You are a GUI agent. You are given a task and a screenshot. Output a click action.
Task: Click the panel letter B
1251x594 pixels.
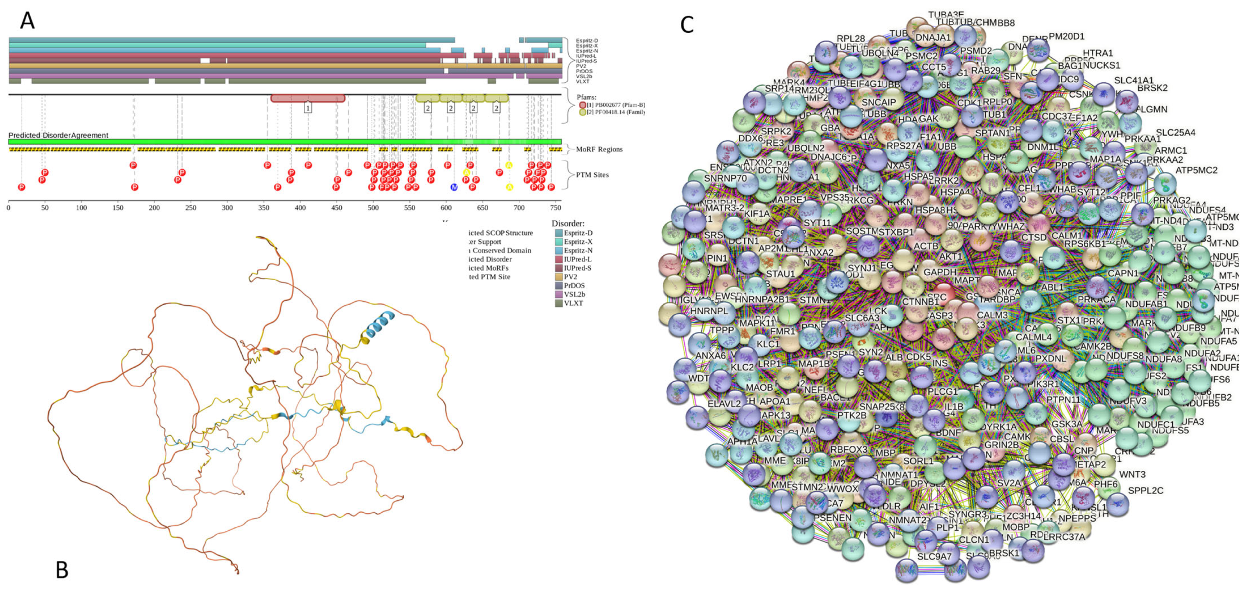[62, 570]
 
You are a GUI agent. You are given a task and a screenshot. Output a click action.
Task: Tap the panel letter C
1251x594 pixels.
[687, 24]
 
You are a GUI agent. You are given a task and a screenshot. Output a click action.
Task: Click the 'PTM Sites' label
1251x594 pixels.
[592, 175]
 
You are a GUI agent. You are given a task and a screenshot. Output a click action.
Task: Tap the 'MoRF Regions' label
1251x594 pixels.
[599, 149]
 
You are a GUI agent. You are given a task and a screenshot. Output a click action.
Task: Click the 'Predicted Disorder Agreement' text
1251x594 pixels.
[58, 135]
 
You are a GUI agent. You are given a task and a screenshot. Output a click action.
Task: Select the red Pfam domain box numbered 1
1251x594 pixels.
[308, 98]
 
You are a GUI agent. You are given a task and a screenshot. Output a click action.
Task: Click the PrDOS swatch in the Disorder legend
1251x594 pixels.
[559, 286]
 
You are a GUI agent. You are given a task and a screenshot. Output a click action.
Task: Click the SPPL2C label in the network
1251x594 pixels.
[1145, 491]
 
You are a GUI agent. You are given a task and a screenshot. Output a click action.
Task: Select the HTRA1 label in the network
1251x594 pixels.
[1097, 53]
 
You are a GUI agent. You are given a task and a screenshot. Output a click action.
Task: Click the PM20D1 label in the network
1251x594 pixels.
[1067, 36]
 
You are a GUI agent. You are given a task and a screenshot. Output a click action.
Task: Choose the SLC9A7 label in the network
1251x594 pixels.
[935, 556]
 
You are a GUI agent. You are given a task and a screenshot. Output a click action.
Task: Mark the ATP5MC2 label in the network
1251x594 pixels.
[1196, 170]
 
